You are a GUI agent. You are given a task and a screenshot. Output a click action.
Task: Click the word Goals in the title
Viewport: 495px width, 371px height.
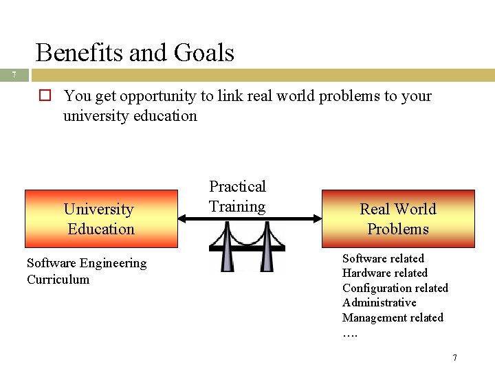coord(204,53)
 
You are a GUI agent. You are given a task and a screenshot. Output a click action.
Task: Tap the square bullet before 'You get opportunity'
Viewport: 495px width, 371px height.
coord(45,96)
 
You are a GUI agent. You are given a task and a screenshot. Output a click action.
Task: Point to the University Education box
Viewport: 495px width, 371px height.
coord(101,218)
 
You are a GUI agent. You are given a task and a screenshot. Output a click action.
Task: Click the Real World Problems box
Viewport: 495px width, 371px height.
coord(398,218)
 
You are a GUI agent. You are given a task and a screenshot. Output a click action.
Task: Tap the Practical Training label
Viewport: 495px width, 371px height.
coord(237,196)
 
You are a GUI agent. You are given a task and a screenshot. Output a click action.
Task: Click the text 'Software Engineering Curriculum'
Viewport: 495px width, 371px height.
coord(86,271)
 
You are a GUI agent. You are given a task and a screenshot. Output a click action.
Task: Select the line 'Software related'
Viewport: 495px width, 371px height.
coord(383,258)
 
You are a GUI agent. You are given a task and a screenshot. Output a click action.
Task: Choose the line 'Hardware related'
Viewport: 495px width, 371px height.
coord(384,273)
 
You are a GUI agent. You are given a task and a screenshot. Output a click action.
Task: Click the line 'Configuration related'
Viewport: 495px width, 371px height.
coord(395,288)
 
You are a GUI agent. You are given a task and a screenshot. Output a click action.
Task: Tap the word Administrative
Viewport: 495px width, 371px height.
coord(379,302)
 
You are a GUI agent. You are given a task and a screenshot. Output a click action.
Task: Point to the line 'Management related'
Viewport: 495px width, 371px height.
coord(393,317)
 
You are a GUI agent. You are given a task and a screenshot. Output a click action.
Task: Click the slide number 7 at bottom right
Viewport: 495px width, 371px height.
coord(454,358)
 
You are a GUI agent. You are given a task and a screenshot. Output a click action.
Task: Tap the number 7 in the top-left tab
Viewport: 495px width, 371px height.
coord(14,75)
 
